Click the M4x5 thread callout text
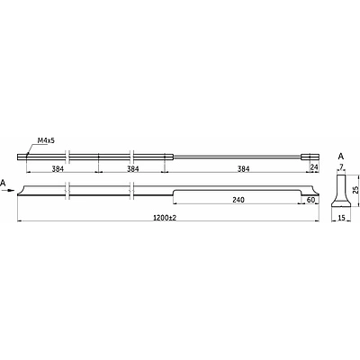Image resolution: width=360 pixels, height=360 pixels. pos(46,140)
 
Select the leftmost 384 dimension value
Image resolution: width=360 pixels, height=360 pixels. pos(58,169)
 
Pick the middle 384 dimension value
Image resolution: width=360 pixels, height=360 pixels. pos(133,169)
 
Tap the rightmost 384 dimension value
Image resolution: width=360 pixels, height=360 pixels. pos(243,169)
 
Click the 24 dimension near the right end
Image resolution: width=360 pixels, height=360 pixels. pos(314,167)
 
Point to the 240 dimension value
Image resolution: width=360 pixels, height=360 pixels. pos(238,200)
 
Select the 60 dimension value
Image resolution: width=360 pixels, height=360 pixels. pos(311,200)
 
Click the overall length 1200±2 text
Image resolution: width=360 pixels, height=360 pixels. pos(164,218)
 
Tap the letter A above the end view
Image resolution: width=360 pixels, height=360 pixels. pos(341,157)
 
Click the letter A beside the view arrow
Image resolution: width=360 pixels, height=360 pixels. pos(4,183)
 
